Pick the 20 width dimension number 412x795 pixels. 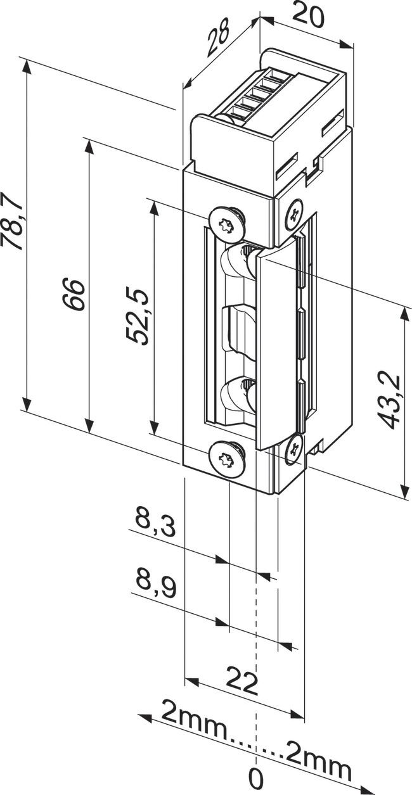coord(309,15)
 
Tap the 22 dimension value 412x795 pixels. coord(242,684)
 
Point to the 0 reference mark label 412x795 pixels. coord(255,776)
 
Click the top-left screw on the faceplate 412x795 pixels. coord(226,222)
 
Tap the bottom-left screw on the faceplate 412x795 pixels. coord(226,457)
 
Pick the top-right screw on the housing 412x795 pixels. coord(294,214)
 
